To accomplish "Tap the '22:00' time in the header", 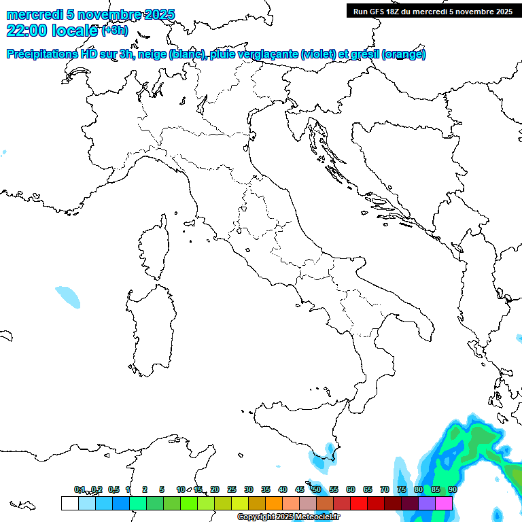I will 27,31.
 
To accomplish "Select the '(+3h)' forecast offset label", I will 114,31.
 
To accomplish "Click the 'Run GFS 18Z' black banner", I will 431,11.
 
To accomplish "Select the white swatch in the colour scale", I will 69,503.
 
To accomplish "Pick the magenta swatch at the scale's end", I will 444,503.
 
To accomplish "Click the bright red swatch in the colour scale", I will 359,503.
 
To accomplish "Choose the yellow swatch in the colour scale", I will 240,503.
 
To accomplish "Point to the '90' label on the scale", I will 453,489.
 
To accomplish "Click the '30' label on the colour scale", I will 249,489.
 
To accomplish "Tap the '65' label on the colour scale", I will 368,489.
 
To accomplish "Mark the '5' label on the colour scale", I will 162,489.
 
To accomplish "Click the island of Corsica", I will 154,248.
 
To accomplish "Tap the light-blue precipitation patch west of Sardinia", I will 68,296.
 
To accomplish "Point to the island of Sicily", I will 292,425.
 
